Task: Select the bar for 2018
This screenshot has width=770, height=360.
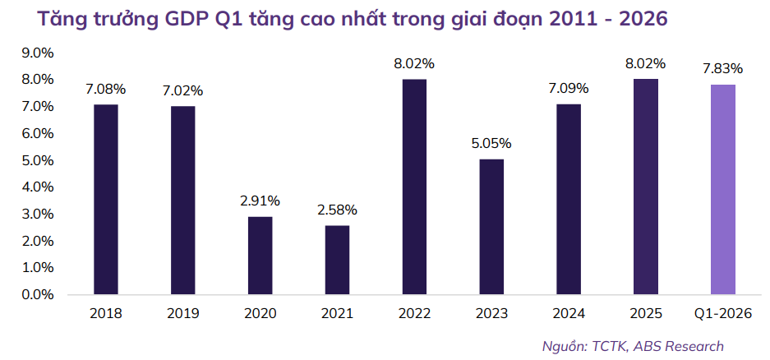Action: (x=106, y=199)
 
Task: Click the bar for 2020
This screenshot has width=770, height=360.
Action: (x=260, y=255)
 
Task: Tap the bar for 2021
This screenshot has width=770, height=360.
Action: (x=337, y=259)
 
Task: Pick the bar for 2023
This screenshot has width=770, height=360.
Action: (x=491, y=226)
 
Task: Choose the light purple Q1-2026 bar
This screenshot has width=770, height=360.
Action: (x=722, y=189)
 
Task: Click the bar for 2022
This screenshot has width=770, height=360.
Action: (x=414, y=187)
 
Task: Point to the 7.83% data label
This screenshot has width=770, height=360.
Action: (x=722, y=68)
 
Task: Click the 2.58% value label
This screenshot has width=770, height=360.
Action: (x=337, y=210)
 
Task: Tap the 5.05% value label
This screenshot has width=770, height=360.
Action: (x=491, y=143)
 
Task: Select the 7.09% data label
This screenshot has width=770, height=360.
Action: (x=569, y=88)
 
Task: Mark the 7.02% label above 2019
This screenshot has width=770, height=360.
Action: (x=182, y=90)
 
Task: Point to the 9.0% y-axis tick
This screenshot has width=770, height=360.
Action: (x=37, y=53)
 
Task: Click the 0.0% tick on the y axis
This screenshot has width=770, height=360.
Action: (x=37, y=294)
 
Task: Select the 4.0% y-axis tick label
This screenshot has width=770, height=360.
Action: (x=37, y=187)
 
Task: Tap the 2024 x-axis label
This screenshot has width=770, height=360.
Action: (x=569, y=313)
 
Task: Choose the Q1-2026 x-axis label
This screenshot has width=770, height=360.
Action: (x=722, y=313)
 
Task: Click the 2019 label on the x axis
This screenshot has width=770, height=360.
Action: (x=182, y=313)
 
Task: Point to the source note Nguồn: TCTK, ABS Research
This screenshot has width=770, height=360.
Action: (x=633, y=346)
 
